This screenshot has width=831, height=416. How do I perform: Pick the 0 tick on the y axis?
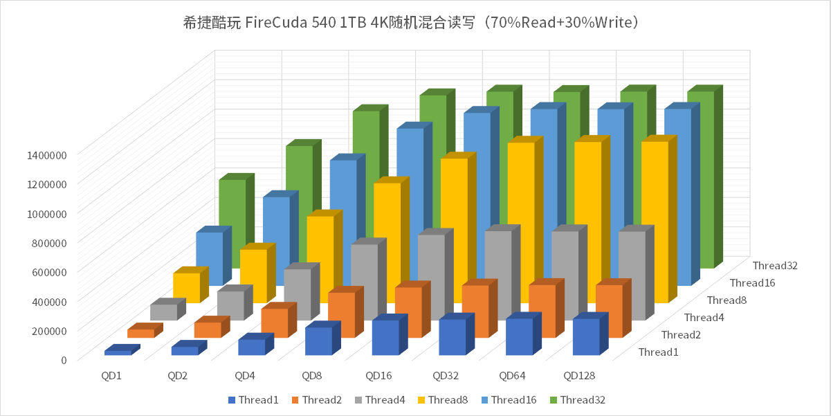point(63,359)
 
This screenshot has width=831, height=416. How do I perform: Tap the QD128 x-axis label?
point(579,376)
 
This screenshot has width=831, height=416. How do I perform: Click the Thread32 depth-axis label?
point(776,265)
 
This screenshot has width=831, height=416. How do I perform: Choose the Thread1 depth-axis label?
point(658,352)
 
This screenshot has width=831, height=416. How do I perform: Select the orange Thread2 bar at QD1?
point(140,333)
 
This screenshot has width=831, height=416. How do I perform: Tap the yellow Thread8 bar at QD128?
point(654,221)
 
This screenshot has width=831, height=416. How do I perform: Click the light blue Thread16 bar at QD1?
point(209,257)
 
